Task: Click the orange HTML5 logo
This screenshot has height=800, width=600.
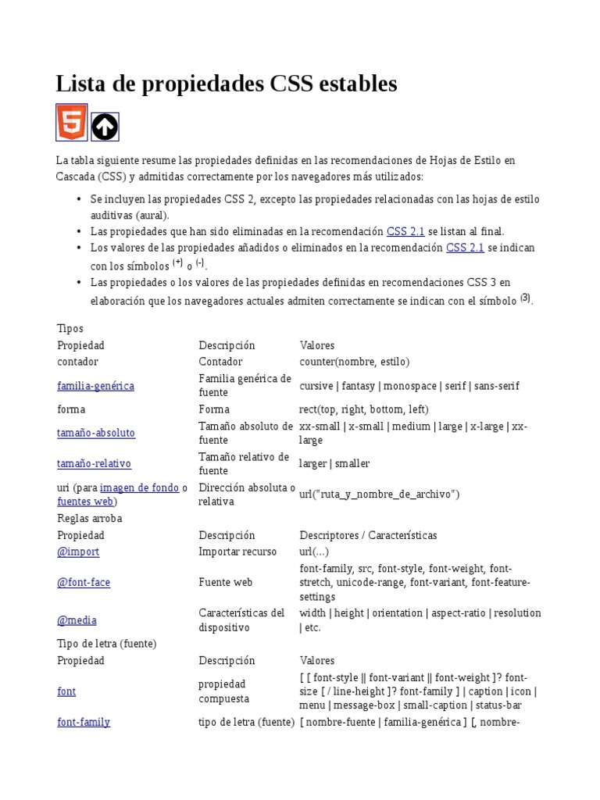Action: point(71,123)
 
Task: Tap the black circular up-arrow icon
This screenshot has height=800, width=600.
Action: point(105,127)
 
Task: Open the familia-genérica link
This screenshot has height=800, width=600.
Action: point(95,386)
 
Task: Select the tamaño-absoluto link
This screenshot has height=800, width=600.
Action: point(96,433)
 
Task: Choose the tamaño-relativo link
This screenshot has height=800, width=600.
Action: point(94,463)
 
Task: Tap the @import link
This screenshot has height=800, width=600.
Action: point(78,552)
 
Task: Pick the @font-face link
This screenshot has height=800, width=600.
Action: point(84,583)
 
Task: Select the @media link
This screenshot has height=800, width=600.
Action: point(77,620)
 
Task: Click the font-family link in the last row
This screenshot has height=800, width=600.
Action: point(84,722)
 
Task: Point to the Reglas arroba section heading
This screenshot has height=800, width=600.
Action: point(90,519)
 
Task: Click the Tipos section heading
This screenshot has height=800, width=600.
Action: point(70,329)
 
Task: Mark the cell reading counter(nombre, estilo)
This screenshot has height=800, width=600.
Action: point(354,362)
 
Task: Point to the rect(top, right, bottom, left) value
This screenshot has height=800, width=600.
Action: point(364,409)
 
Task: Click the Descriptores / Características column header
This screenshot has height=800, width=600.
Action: point(368,535)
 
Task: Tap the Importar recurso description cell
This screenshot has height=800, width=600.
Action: point(237,552)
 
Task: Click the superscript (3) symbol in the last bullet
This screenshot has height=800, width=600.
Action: point(525,298)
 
